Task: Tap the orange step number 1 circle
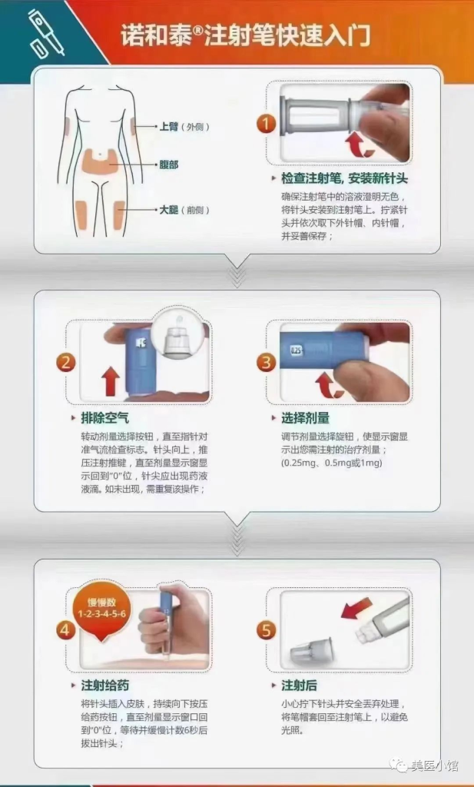coord(266,124)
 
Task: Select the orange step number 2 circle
coord(68,363)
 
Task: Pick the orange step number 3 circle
coord(266,363)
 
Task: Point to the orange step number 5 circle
coord(266,630)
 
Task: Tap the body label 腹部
coord(169,164)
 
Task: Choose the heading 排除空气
coord(104,418)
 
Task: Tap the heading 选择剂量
coord(306,418)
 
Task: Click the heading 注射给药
coord(104,685)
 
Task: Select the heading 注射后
coord(300,685)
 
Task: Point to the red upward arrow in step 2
coord(110,380)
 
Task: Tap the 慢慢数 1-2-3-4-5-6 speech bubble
coord(101,608)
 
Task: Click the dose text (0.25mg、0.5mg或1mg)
coord(332,463)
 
